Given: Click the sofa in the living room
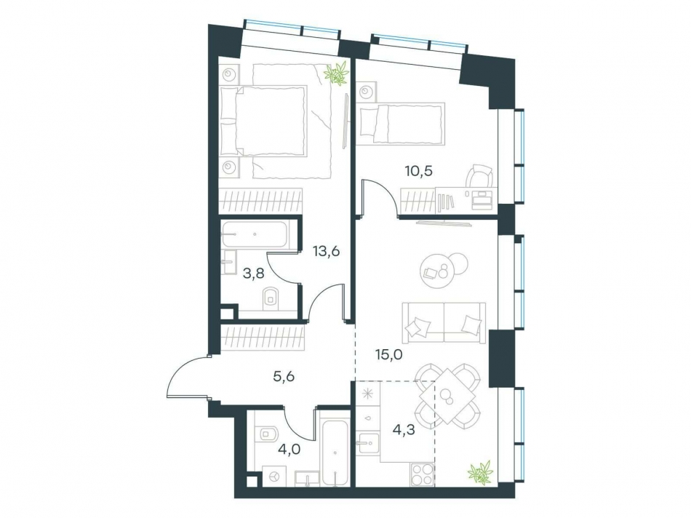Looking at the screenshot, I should point(442,322).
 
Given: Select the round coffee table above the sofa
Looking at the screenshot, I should point(439,269).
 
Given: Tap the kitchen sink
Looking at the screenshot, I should point(367,441).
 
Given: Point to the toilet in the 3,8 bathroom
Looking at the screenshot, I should point(271,296).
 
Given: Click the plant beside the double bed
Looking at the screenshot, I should point(336,73).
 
